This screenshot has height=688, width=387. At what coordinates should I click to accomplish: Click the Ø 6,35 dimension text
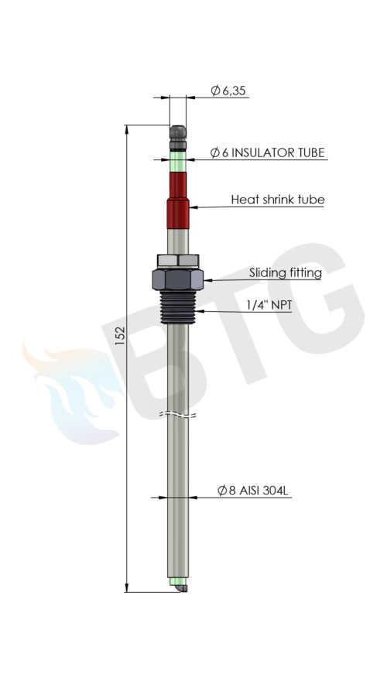pyautogui.click(x=229, y=91)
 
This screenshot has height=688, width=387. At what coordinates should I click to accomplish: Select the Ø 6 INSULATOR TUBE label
pyautogui.click(x=267, y=152)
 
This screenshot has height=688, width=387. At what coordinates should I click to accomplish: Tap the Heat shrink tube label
pyautogui.click(x=277, y=200)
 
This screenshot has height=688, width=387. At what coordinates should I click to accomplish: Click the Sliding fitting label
pyautogui.click(x=285, y=272)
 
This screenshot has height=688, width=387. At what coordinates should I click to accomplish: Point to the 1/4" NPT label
pyautogui.click(x=269, y=305)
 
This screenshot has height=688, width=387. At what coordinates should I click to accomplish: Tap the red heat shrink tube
pyautogui.click(x=179, y=200)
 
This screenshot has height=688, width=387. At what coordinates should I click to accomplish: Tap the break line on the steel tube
pyautogui.click(x=179, y=415)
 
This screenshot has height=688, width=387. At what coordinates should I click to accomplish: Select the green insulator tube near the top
pyautogui.click(x=179, y=163)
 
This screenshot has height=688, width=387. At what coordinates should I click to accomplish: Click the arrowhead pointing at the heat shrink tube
pyautogui.click(x=193, y=207)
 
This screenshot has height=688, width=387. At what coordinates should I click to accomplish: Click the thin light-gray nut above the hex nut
pyautogui.click(x=179, y=259)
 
